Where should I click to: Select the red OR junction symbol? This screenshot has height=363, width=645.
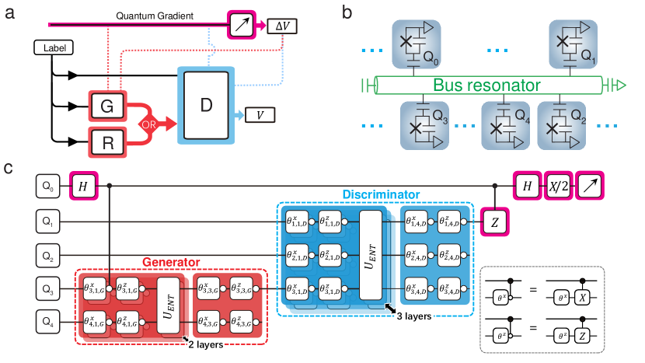tap(150, 124)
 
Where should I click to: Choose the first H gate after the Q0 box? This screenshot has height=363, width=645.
tap(83, 186)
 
